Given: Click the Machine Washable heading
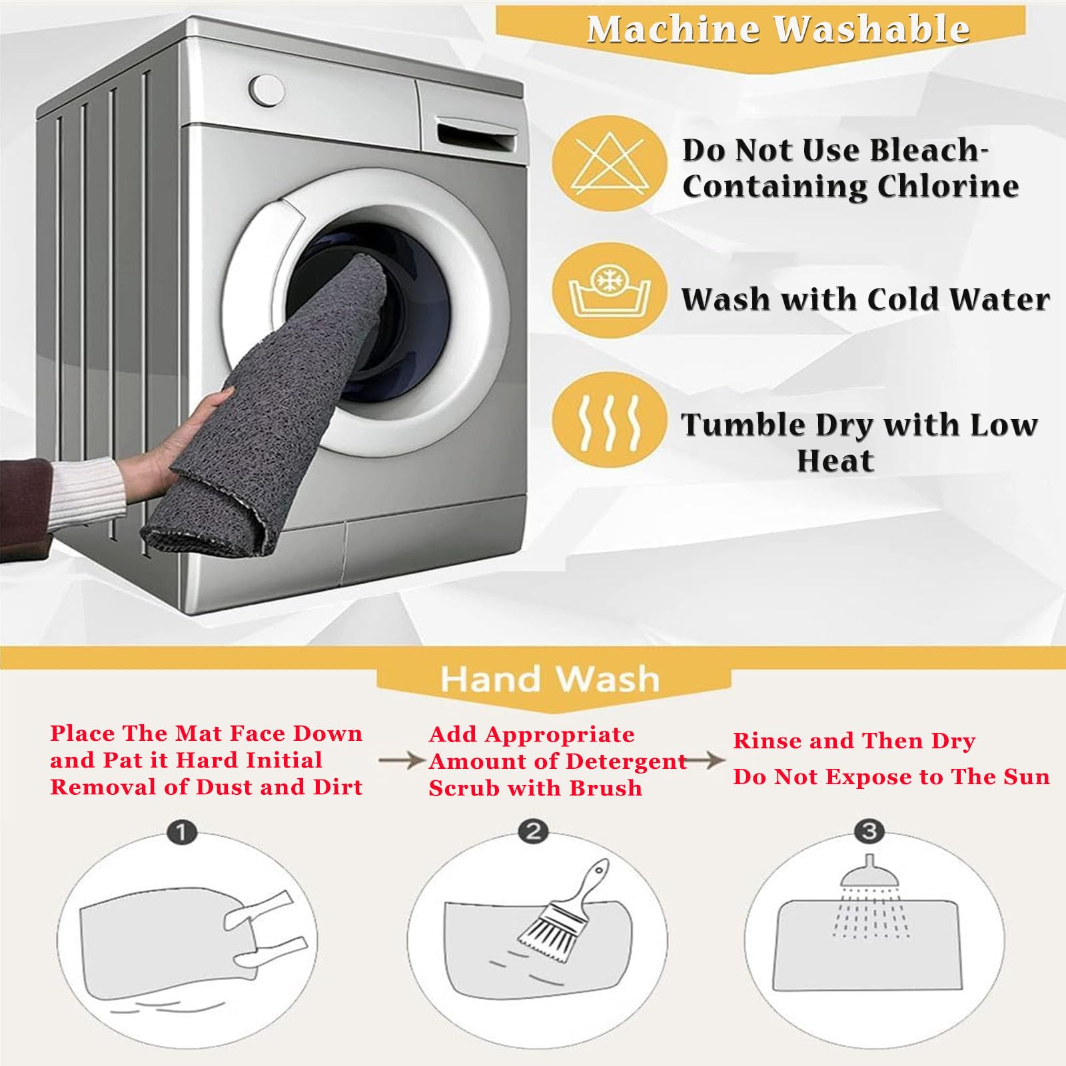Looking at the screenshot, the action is point(778,29).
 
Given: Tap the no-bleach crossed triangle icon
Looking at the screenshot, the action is point(610,164).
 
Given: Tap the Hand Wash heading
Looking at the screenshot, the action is point(550,679).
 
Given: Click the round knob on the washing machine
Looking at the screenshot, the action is point(267,91).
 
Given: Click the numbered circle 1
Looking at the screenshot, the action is point(182,833).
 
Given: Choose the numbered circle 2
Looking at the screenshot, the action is point(533,831).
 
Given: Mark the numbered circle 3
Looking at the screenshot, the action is point(869,831).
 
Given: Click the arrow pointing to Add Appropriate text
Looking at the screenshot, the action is point(402,760).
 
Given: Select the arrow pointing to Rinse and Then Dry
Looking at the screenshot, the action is point(706,760).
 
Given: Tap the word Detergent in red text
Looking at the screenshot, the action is point(626,762).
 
